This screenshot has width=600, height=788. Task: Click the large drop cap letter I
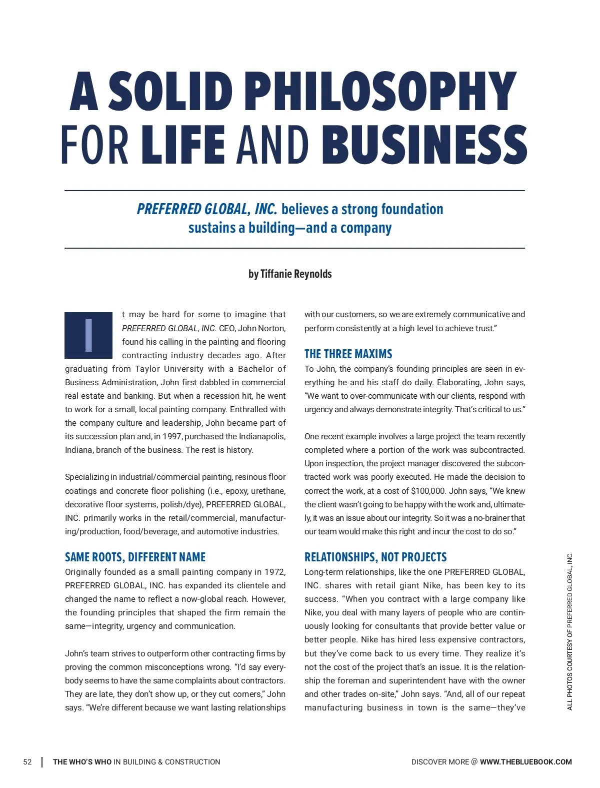point(88,335)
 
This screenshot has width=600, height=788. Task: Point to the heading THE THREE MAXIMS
point(348,354)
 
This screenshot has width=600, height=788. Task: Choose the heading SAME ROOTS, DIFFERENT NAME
point(135,557)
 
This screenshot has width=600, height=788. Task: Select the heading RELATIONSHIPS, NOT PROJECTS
point(375,557)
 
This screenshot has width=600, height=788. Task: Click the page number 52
point(27,762)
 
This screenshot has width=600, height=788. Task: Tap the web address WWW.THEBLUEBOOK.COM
point(525,762)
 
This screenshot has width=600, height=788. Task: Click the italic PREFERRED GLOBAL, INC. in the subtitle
point(206,209)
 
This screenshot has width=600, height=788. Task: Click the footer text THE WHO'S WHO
point(82,762)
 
